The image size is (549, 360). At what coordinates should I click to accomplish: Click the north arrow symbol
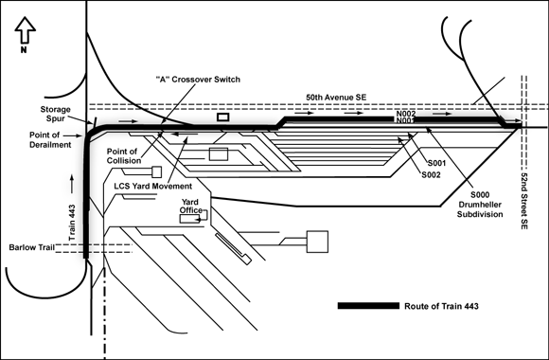[26, 30]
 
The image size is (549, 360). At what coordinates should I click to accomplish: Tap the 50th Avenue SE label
[336, 98]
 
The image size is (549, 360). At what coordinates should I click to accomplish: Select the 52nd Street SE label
[523, 201]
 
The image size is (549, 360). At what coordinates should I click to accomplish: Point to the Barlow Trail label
[32, 247]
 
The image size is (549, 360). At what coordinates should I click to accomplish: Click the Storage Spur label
[55, 114]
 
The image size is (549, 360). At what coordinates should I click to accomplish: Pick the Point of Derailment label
[50, 140]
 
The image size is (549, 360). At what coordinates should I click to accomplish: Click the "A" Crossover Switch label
[198, 80]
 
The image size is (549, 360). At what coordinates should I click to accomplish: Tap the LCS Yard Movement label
[153, 186]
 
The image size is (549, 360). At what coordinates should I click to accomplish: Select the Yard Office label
[191, 207]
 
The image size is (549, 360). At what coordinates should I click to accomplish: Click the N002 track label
[406, 114]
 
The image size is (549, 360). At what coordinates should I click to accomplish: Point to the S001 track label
[436, 163]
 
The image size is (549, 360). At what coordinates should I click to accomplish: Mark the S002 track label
[431, 175]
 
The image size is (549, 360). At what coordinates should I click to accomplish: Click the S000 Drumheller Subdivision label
[480, 205]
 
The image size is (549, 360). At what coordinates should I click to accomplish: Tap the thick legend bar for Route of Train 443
[368, 306]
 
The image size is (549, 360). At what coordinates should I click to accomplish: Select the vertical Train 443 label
[72, 223]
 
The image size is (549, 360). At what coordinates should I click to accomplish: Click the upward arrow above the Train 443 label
[72, 184]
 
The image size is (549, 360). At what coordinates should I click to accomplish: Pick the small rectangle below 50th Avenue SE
[223, 117]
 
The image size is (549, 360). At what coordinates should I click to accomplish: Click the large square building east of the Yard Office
[317, 242]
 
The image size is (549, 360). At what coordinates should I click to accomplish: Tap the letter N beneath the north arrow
[24, 50]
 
